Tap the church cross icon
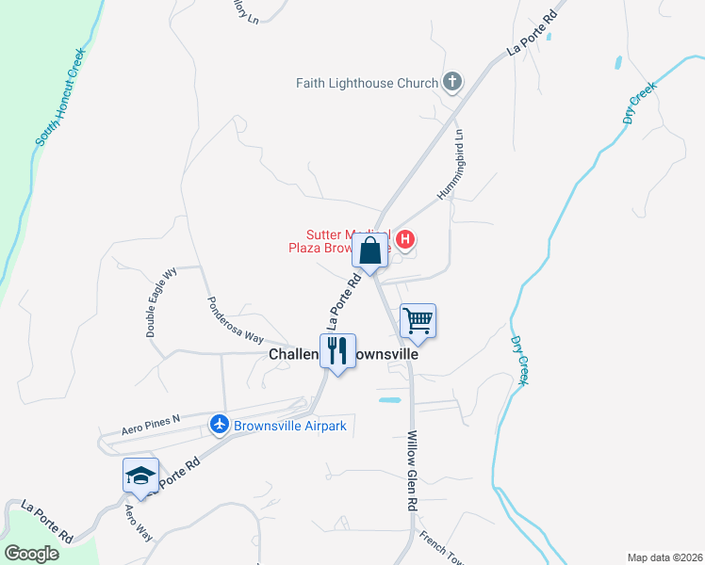tap(452, 82)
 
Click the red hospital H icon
tap(404, 240)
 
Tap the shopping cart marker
tap(418, 320)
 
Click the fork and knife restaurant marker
tap(337, 350)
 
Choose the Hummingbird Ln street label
tap(451, 164)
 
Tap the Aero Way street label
tap(139, 522)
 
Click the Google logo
tap(31, 553)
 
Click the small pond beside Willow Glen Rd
tap(389, 400)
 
